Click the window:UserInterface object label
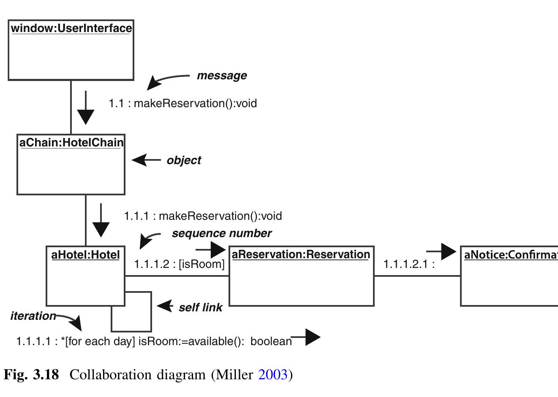(71, 28)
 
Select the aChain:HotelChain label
(71, 143)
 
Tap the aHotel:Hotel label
(85, 255)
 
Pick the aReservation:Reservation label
(301, 254)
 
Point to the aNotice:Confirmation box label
(510, 255)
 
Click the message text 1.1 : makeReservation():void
(182, 103)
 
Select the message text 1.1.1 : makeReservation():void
(203, 216)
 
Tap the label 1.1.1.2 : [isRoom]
(179, 264)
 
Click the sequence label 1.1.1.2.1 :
(408, 264)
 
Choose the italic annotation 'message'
(222, 76)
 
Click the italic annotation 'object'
(184, 160)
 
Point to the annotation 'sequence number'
(221, 233)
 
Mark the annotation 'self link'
(200, 308)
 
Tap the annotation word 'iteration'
(33, 316)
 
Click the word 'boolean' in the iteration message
(271, 341)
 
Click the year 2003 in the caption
(273, 375)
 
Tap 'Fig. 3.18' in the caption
(31, 375)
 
